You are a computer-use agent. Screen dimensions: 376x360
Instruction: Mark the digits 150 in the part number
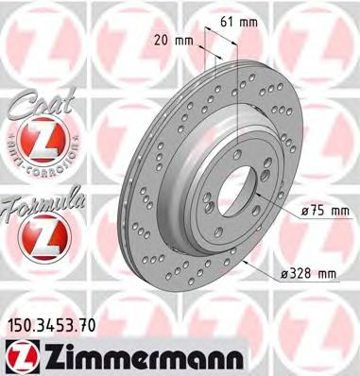tap(20, 327)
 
